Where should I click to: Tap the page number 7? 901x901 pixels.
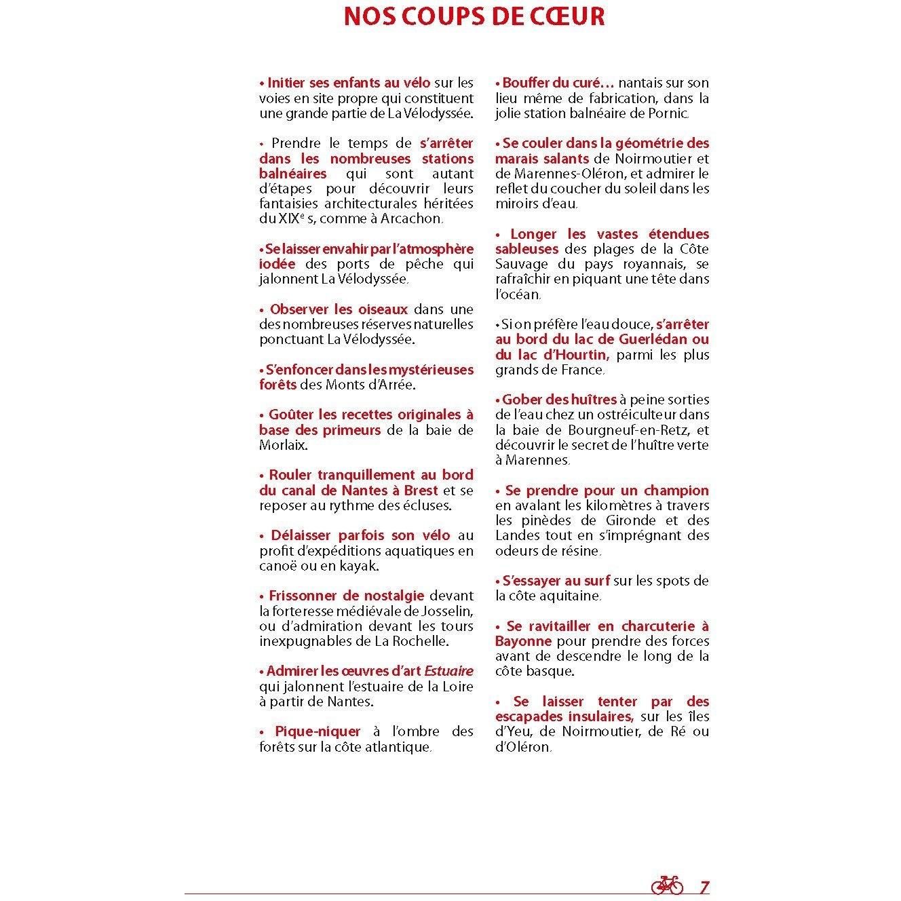704,887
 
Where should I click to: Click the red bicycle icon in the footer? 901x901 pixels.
667,885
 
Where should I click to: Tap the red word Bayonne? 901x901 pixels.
523,641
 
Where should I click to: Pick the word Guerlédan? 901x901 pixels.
651,339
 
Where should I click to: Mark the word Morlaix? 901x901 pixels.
283,445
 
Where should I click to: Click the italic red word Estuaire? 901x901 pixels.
448,671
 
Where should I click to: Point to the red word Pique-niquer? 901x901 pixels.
318,731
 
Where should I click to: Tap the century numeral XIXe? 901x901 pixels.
277,218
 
